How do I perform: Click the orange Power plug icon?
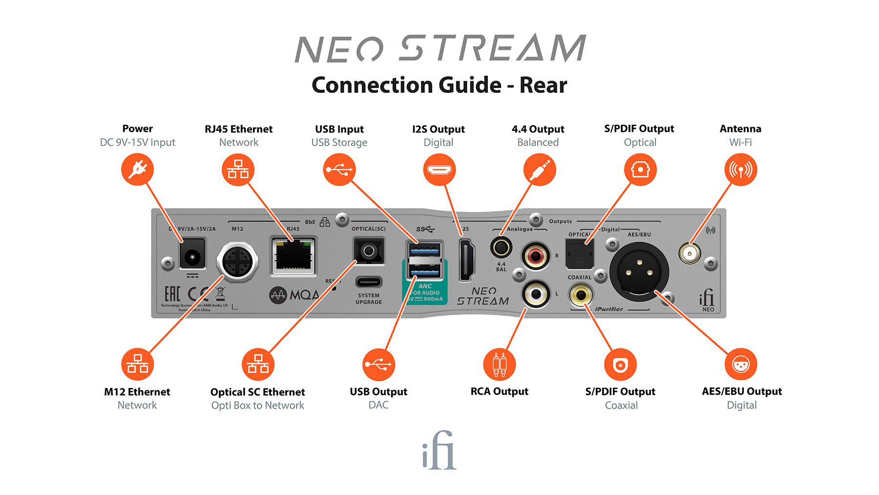[137, 170]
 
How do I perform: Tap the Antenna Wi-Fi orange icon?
[740, 170]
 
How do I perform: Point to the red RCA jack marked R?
[536, 256]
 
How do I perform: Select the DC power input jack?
[192, 254]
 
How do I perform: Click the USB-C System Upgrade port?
[369, 282]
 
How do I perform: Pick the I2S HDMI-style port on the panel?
[466, 260]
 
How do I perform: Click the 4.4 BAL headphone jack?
[501, 247]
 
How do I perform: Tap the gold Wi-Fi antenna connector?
[689, 253]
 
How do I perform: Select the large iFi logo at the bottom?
[439, 450]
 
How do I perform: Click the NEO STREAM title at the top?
[439, 48]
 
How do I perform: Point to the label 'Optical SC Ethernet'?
[257, 392]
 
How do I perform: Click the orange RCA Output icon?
[499, 365]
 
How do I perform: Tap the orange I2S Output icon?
[439, 170]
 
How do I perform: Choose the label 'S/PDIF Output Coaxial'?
[620, 398]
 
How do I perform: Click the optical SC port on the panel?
[369, 252]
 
